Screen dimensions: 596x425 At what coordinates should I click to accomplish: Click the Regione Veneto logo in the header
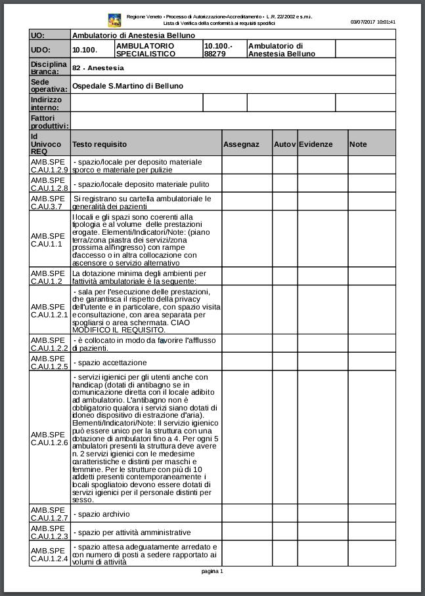click(115, 20)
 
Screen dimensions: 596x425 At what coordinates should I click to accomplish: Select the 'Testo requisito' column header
click(100, 144)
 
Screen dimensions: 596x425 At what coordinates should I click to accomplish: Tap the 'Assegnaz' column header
click(241, 144)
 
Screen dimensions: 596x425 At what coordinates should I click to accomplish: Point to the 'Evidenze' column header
click(316, 144)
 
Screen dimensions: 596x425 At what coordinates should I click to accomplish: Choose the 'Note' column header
click(358, 144)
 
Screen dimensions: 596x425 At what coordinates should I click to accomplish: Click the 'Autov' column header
click(284, 144)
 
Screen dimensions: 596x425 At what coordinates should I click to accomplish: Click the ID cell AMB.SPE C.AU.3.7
click(49, 202)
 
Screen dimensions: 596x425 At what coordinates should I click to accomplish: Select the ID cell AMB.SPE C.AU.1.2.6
click(49, 439)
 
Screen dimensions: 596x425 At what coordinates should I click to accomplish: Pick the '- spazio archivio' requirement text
click(101, 514)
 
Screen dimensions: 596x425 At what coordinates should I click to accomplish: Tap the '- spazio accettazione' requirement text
click(110, 363)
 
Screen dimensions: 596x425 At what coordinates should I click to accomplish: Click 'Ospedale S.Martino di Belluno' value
click(127, 86)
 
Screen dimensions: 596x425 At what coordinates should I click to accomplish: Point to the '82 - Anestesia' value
click(98, 68)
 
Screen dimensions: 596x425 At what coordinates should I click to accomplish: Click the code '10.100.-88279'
click(218, 50)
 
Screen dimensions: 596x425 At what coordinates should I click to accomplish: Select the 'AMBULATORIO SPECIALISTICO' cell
click(145, 50)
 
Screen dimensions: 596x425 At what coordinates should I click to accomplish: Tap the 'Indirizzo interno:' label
click(47, 103)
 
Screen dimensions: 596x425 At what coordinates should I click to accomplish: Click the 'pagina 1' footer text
click(212, 571)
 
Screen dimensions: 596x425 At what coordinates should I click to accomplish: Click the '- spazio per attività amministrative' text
click(131, 532)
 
